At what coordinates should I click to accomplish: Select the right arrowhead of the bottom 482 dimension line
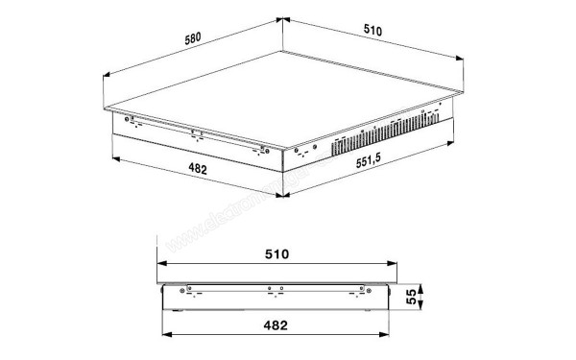pyautogui.click(x=388, y=337)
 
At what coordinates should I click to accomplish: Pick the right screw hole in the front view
pyautogui.click(x=366, y=288)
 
